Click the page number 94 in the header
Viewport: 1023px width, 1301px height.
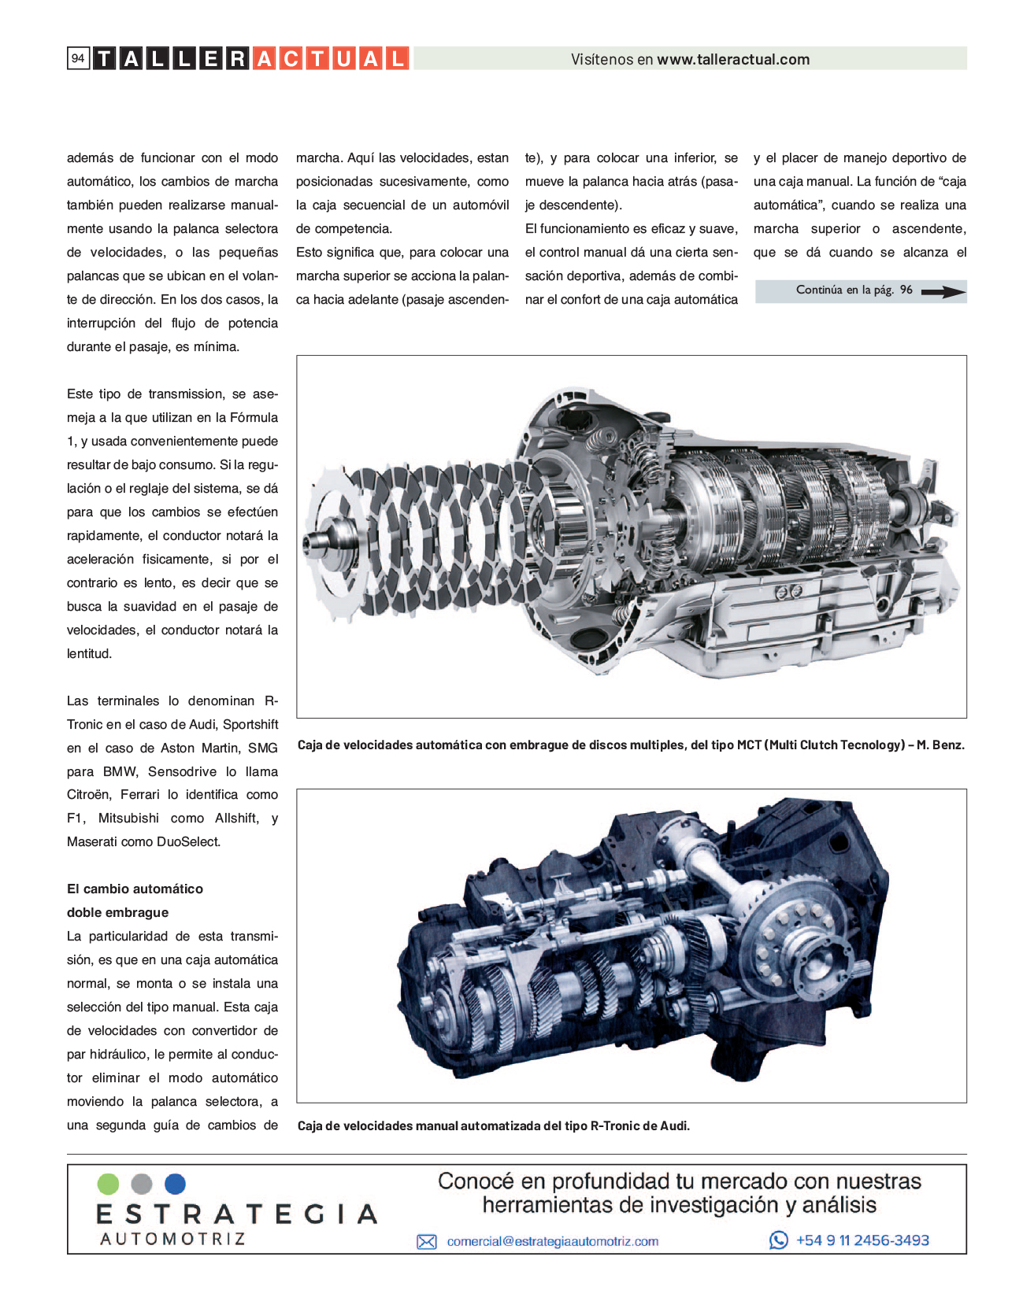pyautogui.click(x=78, y=58)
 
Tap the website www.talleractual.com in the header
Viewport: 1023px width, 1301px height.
pyautogui.click(x=733, y=59)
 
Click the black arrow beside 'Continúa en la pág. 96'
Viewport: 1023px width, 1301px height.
pyautogui.click(x=943, y=291)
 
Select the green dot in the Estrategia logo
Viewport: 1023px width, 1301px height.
pyautogui.click(x=108, y=1184)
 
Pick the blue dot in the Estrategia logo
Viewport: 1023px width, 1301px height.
pyautogui.click(x=175, y=1184)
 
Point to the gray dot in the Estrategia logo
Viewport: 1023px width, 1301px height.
pyautogui.click(x=141, y=1184)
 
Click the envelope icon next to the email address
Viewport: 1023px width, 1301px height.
pyautogui.click(x=427, y=1242)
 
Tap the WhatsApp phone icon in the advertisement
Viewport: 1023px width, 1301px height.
pyautogui.click(x=778, y=1240)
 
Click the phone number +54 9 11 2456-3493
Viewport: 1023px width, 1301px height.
pyautogui.click(x=862, y=1240)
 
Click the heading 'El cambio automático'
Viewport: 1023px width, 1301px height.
pyautogui.click(x=135, y=889)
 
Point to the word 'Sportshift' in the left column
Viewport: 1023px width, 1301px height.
pyautogui.click(x=250, y=724)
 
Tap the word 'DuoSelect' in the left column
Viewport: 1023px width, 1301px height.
pyautogui.click(x=188, y=841)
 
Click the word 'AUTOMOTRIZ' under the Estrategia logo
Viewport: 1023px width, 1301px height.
pyautogui.click(x=172, y=1238)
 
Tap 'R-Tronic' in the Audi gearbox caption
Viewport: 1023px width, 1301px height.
pyautogui.click(x=617, y=1125)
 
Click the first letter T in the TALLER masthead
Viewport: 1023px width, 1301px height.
pyautogui.click(x=104, y=58)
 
